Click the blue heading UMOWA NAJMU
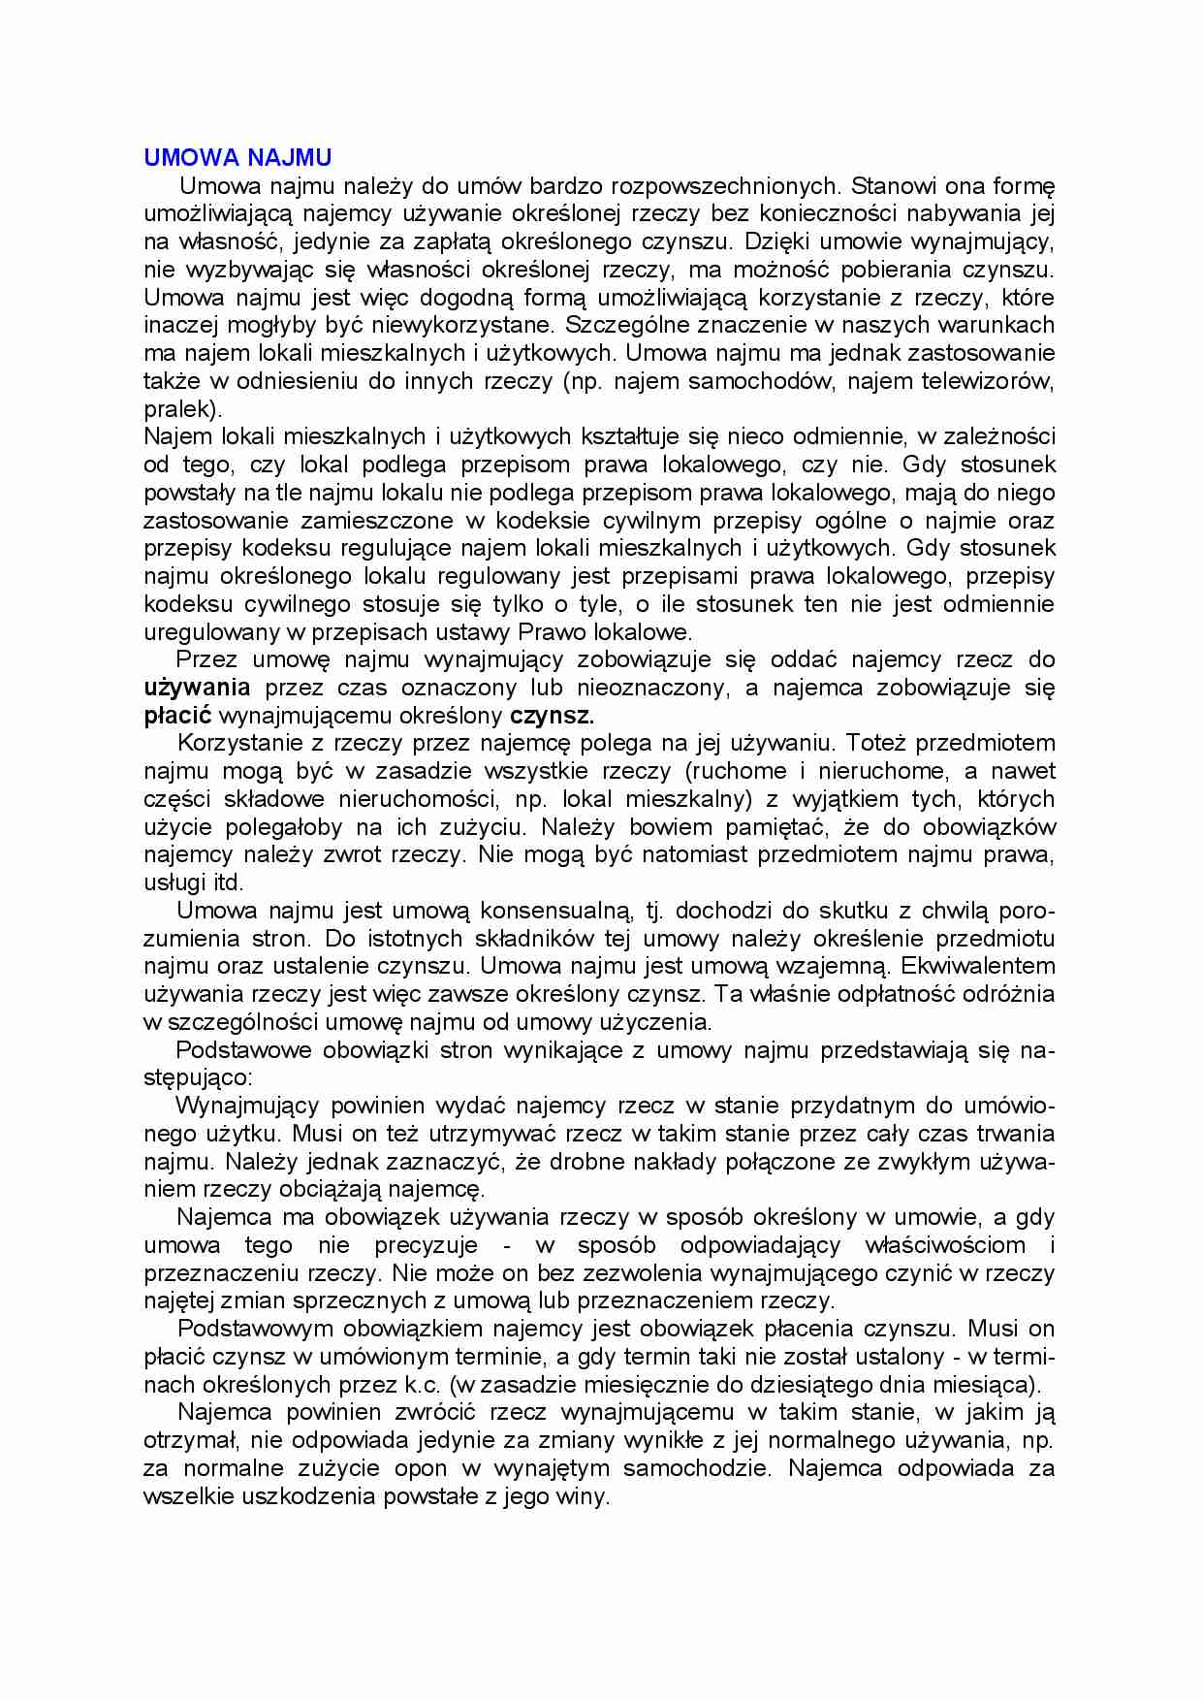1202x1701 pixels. click(x=237, y=158)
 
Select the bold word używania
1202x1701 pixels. click(x=197, y=689)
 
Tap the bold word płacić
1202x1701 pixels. click(x=178, y=717)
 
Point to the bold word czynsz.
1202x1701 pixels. click(x=552, y=717)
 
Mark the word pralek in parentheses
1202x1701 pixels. click(x=180, y=409)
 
